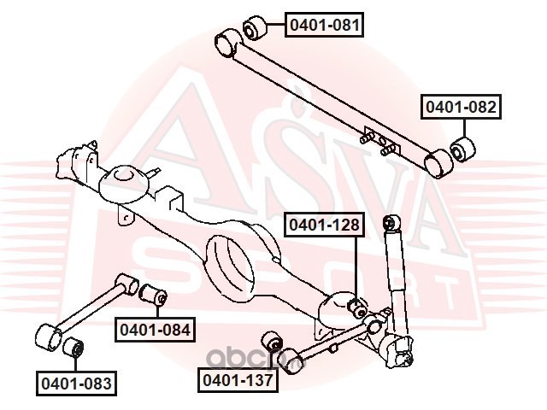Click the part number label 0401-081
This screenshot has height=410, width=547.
(324, 26)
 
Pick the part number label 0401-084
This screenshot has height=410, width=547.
(155, 327)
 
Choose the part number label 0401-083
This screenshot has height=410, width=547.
(75, 383)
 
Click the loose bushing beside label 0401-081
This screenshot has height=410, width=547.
(256, 29)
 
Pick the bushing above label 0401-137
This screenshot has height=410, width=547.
(273, 340)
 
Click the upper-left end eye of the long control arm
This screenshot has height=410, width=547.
(227, 41)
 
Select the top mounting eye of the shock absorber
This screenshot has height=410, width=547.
(391, 224)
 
